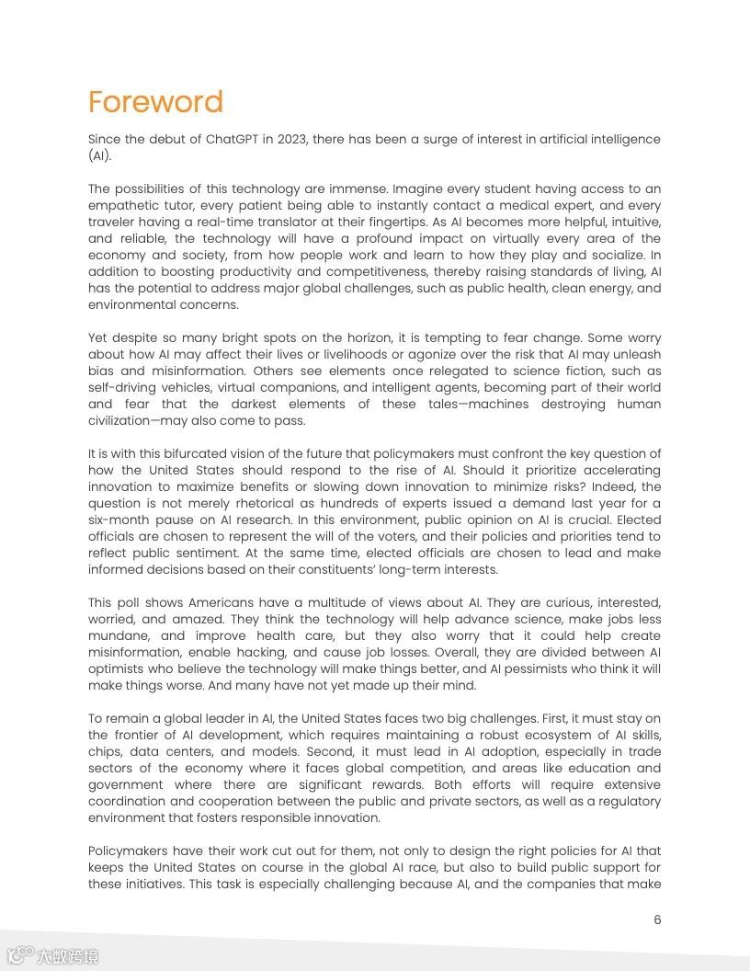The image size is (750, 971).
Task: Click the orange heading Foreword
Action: tap(155, 101)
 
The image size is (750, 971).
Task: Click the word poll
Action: tap(136, 602)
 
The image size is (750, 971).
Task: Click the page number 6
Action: tap(657, 920)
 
